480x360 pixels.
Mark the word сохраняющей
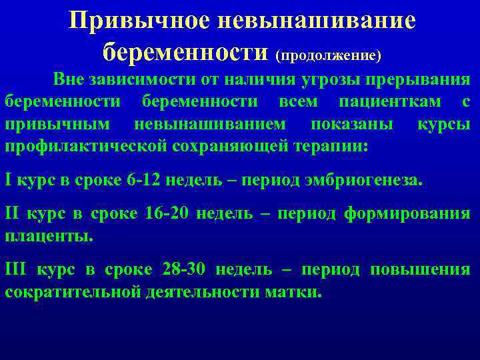pos(225,147)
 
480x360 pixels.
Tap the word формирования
pos(407,213)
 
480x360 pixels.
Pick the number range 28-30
pos(185,269)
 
